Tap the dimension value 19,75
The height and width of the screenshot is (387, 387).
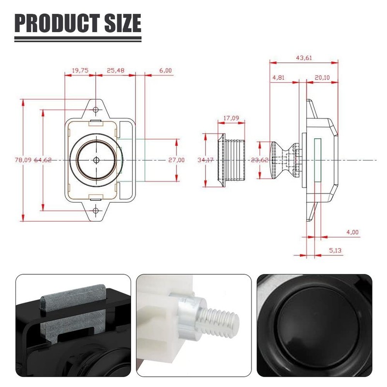pyautogui.click(x=80, y=71)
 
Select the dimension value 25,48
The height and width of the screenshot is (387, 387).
pyautogui.click(x=115, y=71)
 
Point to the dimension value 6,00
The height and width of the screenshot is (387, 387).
pyautogui.click(x=165, y=71)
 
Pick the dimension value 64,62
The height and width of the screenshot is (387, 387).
pyautogui.click(x=43, y=160)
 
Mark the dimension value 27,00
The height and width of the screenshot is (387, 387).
pyautogui.click(x=176, y=160)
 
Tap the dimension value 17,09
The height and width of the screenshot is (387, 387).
pyautogui.click(x=231, y=118)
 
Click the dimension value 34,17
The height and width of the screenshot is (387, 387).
pyautogui.click(x=206, y=160)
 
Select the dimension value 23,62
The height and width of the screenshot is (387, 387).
pyautogui.click(x=260, y=160)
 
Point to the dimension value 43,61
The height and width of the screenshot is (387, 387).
pyautogui.click(x=304, y=58)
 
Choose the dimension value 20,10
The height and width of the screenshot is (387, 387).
pyautogui.click(x=322, y=77)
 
